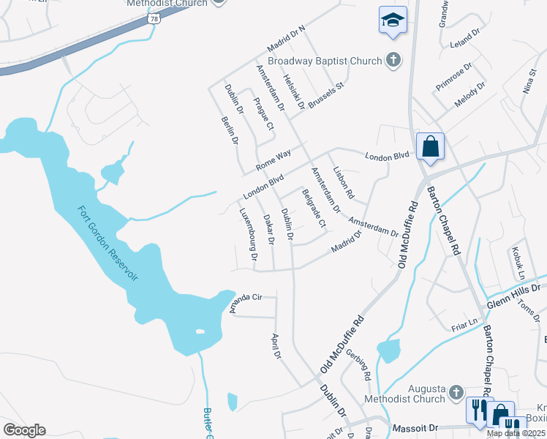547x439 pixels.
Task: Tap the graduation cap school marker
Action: point(393,20)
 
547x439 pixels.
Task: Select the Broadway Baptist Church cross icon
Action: point(394,61)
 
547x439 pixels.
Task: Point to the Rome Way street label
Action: point(273,160)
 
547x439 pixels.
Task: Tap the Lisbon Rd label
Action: point(343,184)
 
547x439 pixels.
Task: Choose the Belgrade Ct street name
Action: point(313,208)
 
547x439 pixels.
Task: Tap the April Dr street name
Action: point(276,347)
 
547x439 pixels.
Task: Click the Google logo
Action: point(24,430)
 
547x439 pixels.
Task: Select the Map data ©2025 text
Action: point(516,433)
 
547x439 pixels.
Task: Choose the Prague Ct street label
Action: point(263,115)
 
